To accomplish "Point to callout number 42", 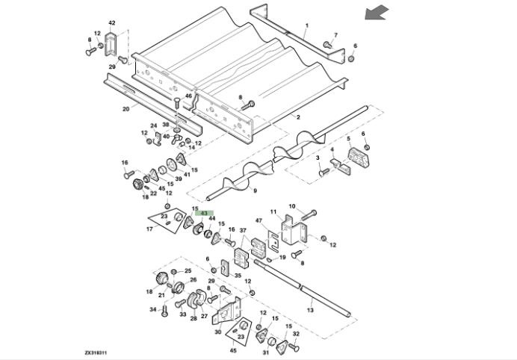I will (x=112, y=23).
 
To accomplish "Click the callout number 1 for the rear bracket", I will (x=306, y=25).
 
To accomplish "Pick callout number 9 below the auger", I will (x=255, y=191).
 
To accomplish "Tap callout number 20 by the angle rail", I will (x=126, y=108).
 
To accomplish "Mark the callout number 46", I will (x=188, y=96).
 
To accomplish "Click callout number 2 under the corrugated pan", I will (x=297, y=117).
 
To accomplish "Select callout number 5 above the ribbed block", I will (x=347, y=138).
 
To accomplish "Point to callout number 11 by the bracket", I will (x=273, y=211).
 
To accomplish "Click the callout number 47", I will (x=259, y=221).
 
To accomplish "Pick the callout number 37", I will (x=242, y=230).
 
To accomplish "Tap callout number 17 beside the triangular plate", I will (x=149, y=229).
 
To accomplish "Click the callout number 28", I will (x=194, y=318).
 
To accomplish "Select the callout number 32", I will (x=295, y=334).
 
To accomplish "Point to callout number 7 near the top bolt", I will (x=335, y=35).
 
